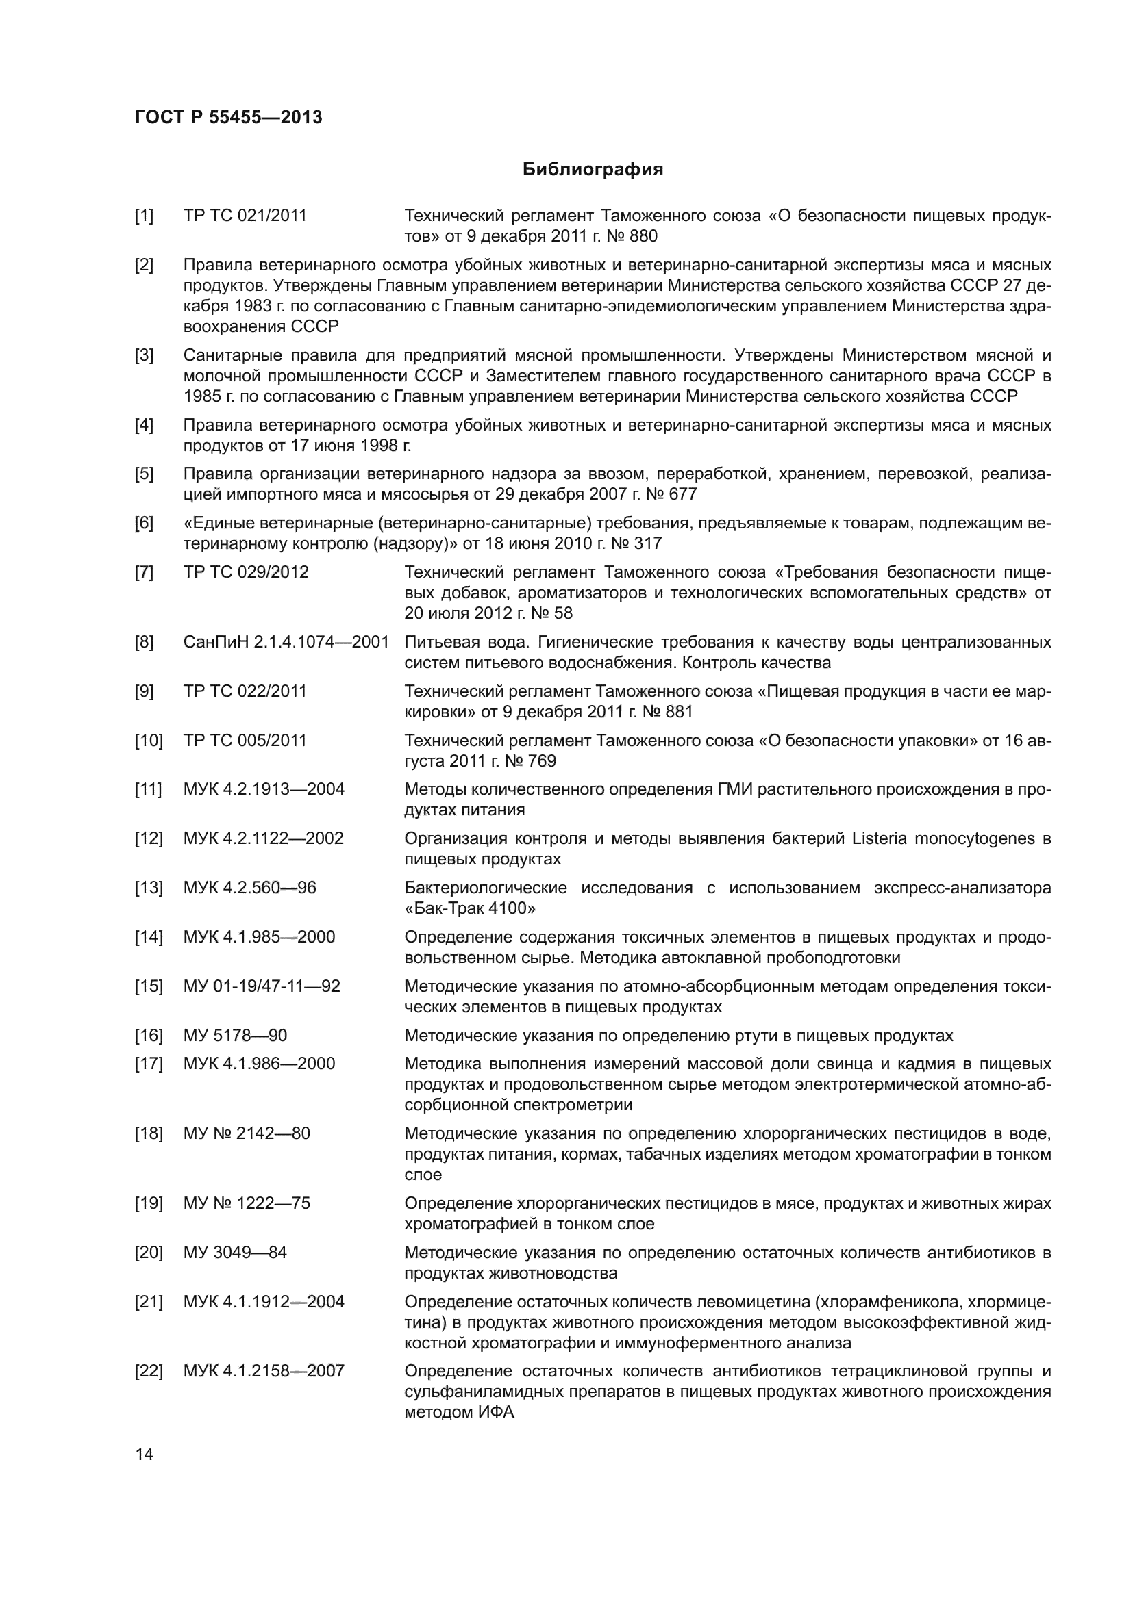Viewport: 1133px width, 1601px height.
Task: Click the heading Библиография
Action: (593, 170)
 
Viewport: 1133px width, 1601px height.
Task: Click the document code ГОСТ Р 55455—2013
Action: (228, 117)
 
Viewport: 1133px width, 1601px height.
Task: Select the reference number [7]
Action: (144, 572)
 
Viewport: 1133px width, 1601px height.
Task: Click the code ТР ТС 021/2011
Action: (245, 216)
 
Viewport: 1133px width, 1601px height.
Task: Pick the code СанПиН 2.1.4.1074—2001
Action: (286, 642)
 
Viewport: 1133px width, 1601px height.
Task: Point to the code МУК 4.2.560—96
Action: (250, 888)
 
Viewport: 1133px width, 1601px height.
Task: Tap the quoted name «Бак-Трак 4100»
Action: (470, 908)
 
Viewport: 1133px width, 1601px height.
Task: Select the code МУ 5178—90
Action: (235, 1036)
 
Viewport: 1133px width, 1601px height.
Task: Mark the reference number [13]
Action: (148, 888)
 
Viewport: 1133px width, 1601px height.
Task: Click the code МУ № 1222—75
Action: (247, 1203)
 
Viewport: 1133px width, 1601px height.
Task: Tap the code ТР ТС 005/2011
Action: (245, 741)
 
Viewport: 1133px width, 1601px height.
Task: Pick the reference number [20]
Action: (148, 1253)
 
